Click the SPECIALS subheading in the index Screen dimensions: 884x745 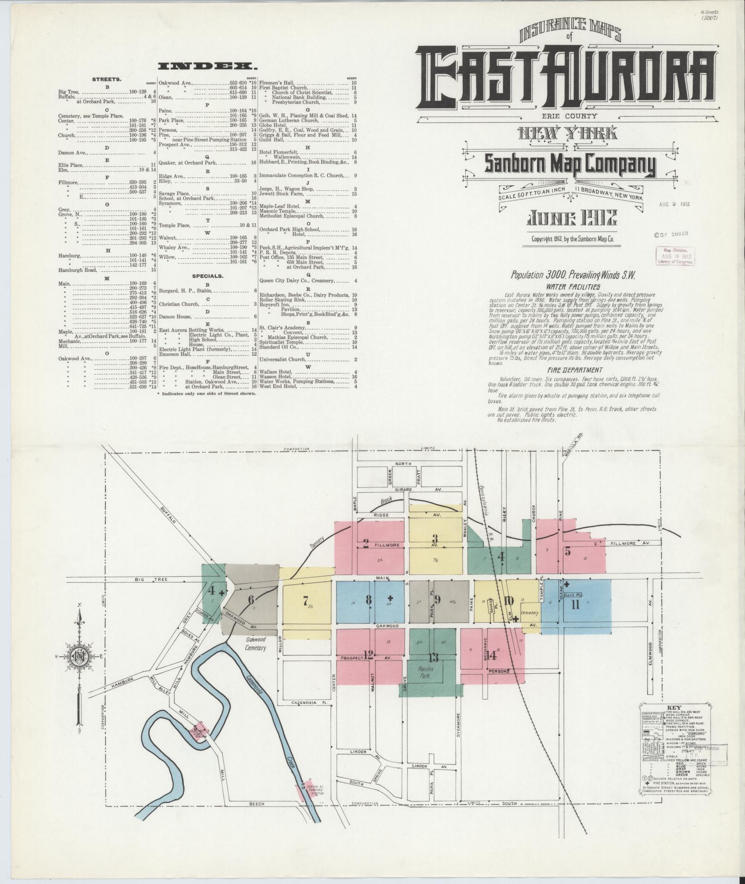(x=208, y=276)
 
